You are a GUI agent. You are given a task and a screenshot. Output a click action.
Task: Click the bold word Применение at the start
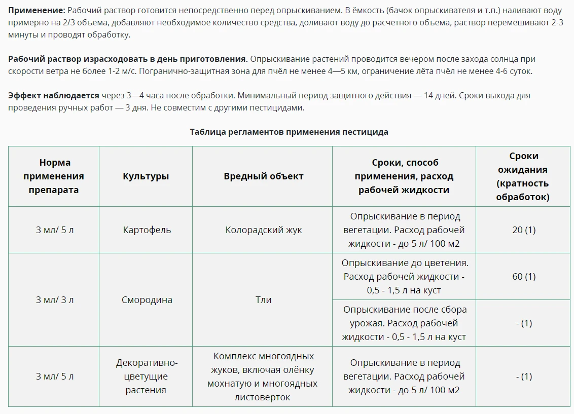pyautogui.click(x=36, y=11)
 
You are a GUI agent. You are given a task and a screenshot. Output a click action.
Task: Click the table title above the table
pyautogui.click(x=289, y=132)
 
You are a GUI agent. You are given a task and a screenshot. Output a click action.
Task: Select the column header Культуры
pyautogui.click(x=146, y=176)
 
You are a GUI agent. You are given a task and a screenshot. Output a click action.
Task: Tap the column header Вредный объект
pyautogui.click(x=263, y=176)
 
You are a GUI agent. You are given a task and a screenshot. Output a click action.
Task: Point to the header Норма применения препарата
pyautogui.click(x=53, y=176)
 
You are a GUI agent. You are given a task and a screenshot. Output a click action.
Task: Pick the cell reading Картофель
pyautogui.click(x=147, y=230)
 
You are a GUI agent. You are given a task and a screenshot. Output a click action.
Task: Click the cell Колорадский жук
pyautogui.click(x=263, y=230)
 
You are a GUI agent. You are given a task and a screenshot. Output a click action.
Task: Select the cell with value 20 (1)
pyautogui.click(x=524, y=230)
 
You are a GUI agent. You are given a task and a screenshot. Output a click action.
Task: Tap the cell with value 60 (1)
pyautogui.click(x=524, y=276)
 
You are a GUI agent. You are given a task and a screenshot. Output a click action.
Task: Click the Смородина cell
pyautogui.click(x=147, y=299)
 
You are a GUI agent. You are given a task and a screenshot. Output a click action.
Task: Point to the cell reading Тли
pyautogui.click(x=263, y=299)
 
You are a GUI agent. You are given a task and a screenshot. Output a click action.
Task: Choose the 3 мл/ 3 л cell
pyautogui.click(x=54, y=299)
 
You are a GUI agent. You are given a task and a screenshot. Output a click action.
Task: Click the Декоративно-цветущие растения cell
pyautogui.click(x=146, y=377)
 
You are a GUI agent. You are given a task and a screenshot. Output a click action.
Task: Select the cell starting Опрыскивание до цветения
pyautogui.click(x=404, y=277)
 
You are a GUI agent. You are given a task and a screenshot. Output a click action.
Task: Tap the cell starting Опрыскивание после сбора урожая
pyautogui.click(x=404, y=323)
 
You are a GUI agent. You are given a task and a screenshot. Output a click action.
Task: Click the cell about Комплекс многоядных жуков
pyautogui.click(x=262, y=377)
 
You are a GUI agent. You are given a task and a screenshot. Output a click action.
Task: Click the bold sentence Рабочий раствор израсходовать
pyautogui.click(x=128, y=59)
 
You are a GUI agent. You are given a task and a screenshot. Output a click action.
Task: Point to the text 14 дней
pyautogui.click(x=438, y=95)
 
